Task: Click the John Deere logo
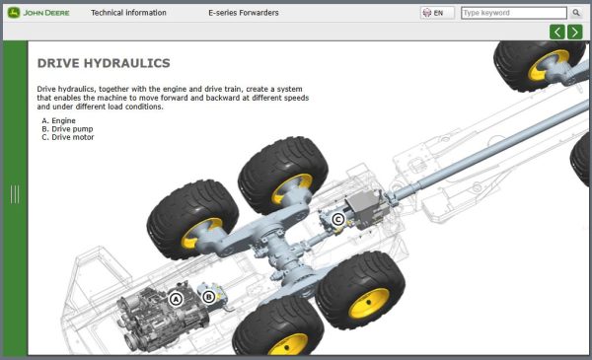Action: coord(38,13)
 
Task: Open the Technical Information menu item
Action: coord(128,13)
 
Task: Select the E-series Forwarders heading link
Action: coord(244,13)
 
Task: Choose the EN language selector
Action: coord(437,13)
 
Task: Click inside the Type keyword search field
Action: coord(513,13)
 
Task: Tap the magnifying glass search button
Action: coord(576,13)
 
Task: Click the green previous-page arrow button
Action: coord(557,33)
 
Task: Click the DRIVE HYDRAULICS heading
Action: coord(104,63)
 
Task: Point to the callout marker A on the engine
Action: coord(176,299)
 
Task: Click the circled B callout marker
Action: coord(209,297)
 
